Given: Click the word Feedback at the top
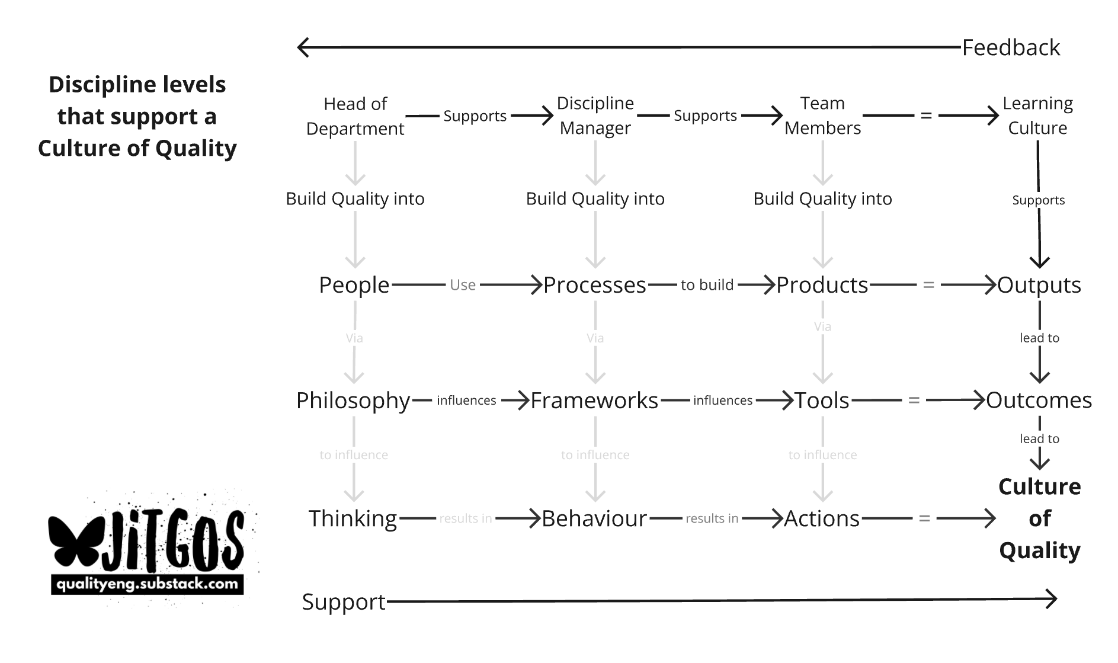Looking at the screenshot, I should pos(1010,47).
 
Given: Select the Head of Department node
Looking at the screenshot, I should pos(355,116).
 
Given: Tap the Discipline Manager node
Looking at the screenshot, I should pos(595,116).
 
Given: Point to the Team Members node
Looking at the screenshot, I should pos(822,116).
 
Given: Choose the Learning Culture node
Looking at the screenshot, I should pos(1037,116).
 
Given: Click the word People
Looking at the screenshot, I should pos(354,285).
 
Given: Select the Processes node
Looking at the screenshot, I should pos(594,285).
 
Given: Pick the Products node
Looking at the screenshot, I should pos(822,285).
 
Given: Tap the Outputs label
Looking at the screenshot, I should pos(1039,285).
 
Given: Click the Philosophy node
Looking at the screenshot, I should pos(353,401).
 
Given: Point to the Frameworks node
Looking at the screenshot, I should pos(594,401).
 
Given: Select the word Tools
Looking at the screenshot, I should pos(822,401).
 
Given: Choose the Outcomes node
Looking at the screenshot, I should pos(1039,401).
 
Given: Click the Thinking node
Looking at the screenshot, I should pos(353,518).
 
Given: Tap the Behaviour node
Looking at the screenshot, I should pos(594,518).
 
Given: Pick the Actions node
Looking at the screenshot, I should pos(822,518).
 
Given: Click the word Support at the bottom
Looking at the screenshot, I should pos(344,602).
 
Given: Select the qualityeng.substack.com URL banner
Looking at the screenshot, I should pos(148,584).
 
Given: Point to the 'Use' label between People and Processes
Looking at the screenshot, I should pos(462,285).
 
